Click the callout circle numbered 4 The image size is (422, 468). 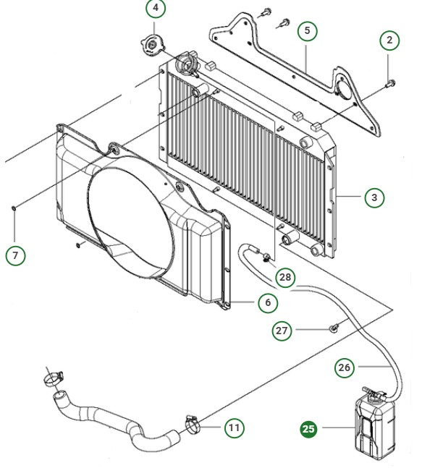(x=156, y=9)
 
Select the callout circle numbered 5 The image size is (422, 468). (x=307, y=30)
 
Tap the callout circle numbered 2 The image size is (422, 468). (x=389, y=41)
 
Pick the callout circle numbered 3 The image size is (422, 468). (x=374, y=197)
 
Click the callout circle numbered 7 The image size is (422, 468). (x=15, y=255)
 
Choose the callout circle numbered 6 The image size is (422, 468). (x=268, y=302)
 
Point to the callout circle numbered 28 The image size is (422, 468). (x=285, y=277)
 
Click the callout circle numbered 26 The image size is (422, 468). (x=345, y=367)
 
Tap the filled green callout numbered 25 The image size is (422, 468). (x=309, y=429)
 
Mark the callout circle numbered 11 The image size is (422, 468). (x=234, y=428)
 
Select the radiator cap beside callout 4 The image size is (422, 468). (x=152, y=46)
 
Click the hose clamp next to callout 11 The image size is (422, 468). (x=193, y=422)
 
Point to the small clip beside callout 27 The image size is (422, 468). (x=334, y=328)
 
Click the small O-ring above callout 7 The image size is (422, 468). (x=14, y=208)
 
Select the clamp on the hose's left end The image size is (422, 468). (x=52, y=376)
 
